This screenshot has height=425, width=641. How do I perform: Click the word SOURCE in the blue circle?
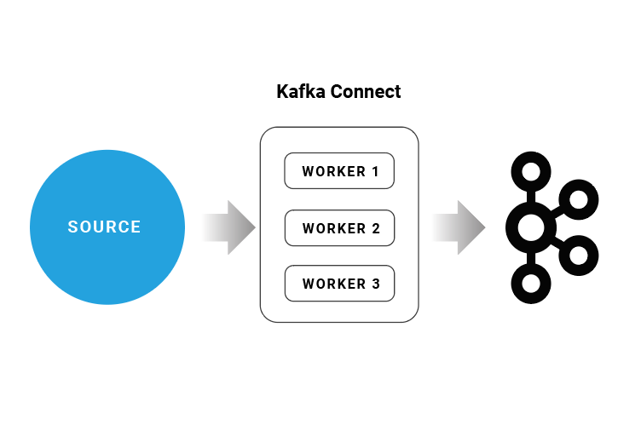point(105,227)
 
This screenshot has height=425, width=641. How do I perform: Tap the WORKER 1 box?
point(339,171)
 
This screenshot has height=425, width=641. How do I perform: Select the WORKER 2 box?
point(339,227)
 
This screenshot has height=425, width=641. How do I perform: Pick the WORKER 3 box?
point(339,284)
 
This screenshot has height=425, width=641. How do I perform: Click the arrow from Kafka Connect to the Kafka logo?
point(459,227)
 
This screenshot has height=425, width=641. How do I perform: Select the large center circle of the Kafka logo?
point(530,227)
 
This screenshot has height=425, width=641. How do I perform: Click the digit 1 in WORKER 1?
point(375,171)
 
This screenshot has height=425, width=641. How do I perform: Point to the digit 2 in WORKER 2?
point(375,228)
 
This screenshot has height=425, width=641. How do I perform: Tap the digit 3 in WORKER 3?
point(375,284)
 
